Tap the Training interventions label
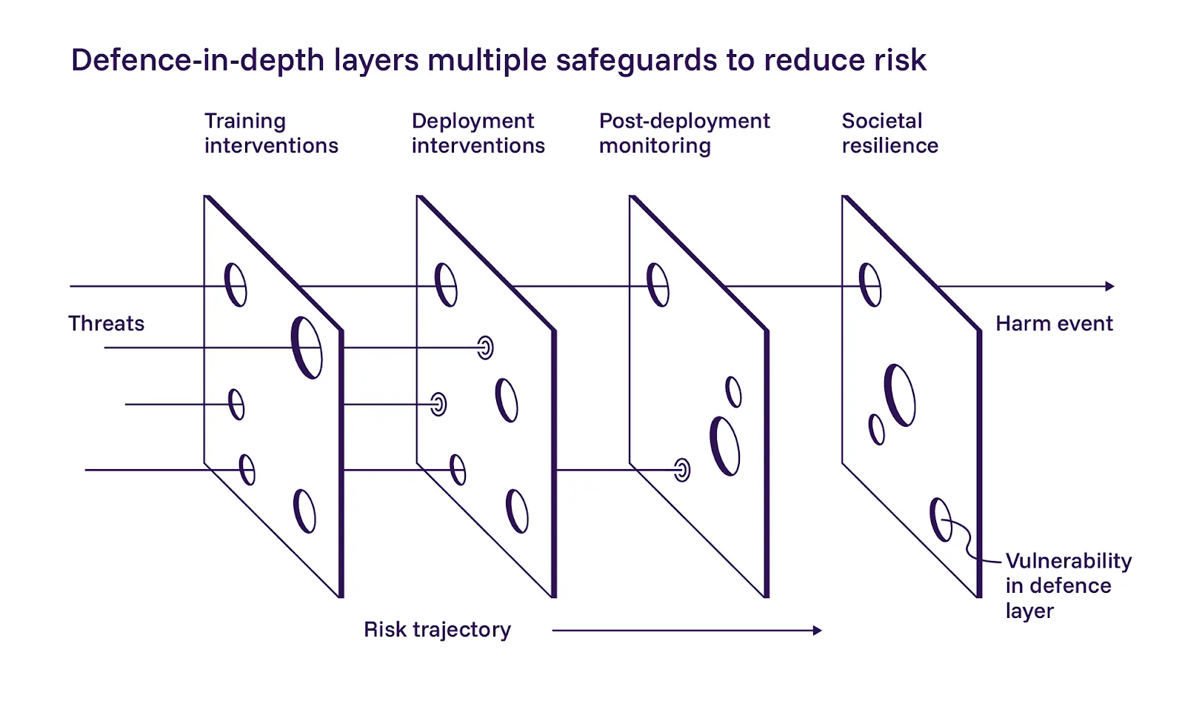tap(270, 133)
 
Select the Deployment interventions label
tap(478, 133)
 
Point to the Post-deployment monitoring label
tap(684, 133)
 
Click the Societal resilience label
tap(889, 133)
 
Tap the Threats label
tap(106, 324)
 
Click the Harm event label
tap(1053, 324)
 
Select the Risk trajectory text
tap(437, 630)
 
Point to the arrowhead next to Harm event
tap(1109, 286)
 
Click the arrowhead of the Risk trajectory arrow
tap(817, 631)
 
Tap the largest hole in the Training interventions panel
tap(307, 348)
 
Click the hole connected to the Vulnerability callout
tap(941, 519)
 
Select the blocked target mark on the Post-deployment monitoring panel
tap(682, 470)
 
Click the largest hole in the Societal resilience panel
tap(900, 395)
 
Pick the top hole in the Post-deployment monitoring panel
tap(658, 285)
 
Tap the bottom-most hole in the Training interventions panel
tap(304, 511)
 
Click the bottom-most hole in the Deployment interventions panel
tap(517, 511)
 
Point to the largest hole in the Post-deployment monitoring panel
tap(725, 446)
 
